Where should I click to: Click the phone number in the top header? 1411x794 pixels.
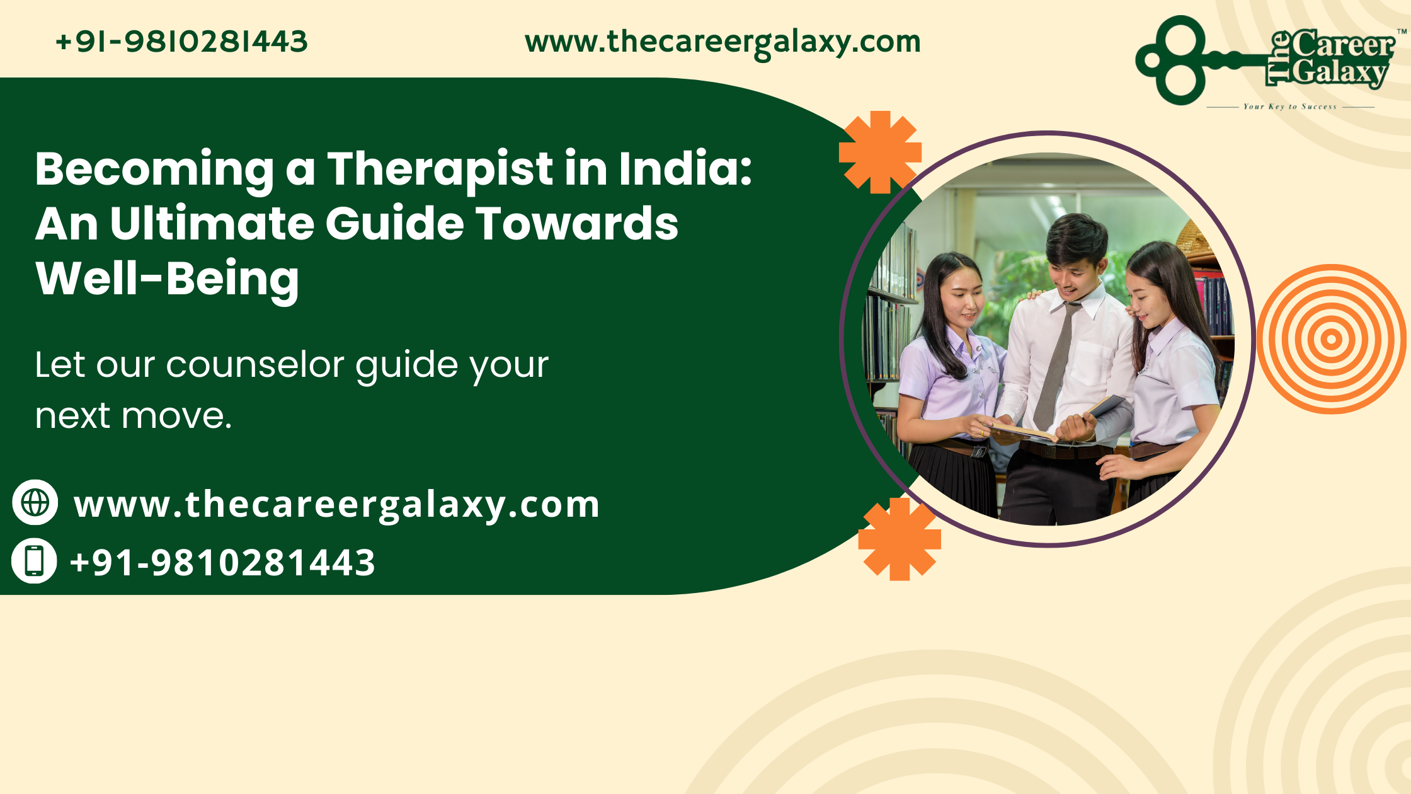point(181,42)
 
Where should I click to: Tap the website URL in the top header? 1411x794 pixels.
point(723,43)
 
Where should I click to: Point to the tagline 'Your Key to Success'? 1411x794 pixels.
point(1290,106)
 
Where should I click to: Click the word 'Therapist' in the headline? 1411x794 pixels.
point(440,170)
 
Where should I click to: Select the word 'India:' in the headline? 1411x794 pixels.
point(685,168)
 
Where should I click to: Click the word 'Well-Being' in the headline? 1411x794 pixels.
point(167,279)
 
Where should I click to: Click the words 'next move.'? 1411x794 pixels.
point(134,417)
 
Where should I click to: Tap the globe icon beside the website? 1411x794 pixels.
point(35,502)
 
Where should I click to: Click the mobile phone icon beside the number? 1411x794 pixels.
point(34,560)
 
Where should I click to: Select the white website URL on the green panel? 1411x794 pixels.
point(336,505)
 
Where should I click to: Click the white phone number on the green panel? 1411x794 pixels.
point(222,562)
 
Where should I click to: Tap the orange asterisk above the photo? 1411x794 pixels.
point(880,152)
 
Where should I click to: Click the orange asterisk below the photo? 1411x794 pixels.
point(900,539)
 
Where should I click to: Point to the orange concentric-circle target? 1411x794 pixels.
point(1331,339)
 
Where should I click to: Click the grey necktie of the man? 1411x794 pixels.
point(1056,365)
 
